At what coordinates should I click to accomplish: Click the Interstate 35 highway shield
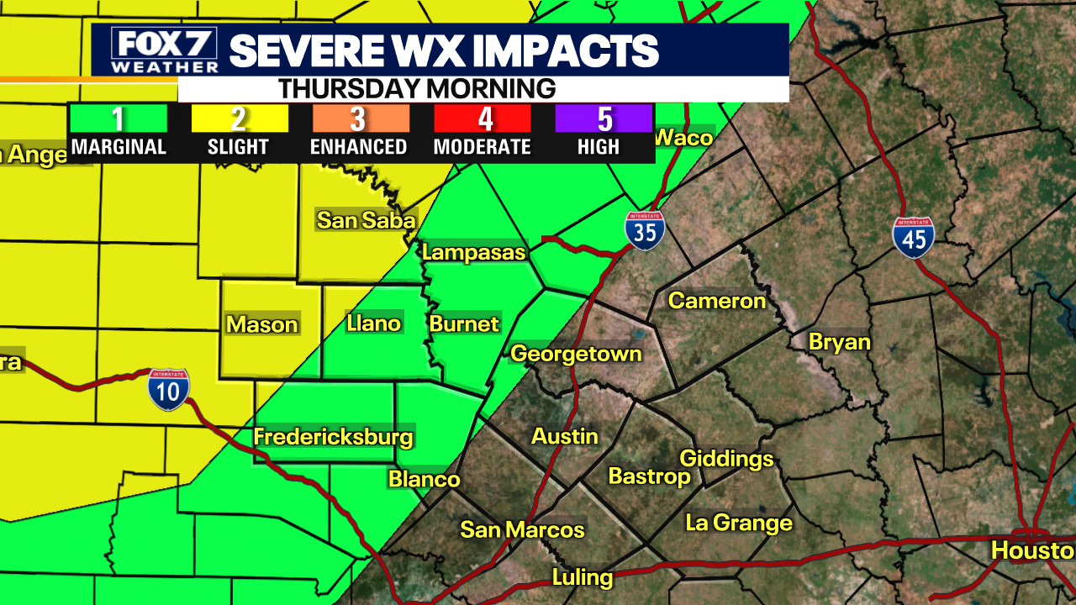click(645, 231)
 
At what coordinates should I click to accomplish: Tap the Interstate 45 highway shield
click(914, 238)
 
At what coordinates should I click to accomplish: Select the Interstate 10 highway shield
click(169, 390)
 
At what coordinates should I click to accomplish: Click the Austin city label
click(565, 436)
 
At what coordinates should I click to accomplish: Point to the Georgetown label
click(576, 354)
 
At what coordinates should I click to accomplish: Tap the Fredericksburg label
click(334, 437)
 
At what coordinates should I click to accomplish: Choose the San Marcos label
click(522, 529)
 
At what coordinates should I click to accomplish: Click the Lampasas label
click(473, 252)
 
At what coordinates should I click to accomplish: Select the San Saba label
click(366, 220)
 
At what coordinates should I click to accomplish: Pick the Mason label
click(262, 324)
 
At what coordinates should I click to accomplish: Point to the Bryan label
click(839, 342)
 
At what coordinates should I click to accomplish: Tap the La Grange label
click(739, 523)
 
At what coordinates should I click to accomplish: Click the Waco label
click(683, 138)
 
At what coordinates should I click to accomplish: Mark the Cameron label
click(717, 301)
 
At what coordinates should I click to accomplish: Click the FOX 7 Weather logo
click(164, 50)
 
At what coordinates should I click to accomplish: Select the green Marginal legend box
click(119, 118)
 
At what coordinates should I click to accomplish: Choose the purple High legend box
click(604, 118)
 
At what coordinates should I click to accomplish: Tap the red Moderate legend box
click(483, 118)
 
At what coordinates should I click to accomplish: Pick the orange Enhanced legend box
click(361, 118)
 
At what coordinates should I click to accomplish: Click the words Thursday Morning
click(417, 88)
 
